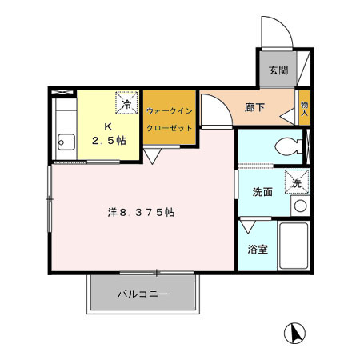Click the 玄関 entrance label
[278, 70]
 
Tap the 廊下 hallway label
[254, 107]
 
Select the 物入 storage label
[304, 109]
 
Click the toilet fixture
[289, 146]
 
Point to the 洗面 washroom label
[262, 192]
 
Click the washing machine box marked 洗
[297, 182]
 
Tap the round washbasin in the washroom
[300, 206]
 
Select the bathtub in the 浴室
[294, 246]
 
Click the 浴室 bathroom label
[258, 250]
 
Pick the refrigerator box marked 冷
[127, 102]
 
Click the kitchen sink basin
[66, 142]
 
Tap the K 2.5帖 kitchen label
[109, 134]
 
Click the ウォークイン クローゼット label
[170, 119]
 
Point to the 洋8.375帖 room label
[142, 212]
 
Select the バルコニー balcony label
[143, 294]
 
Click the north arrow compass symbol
[294, 333]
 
